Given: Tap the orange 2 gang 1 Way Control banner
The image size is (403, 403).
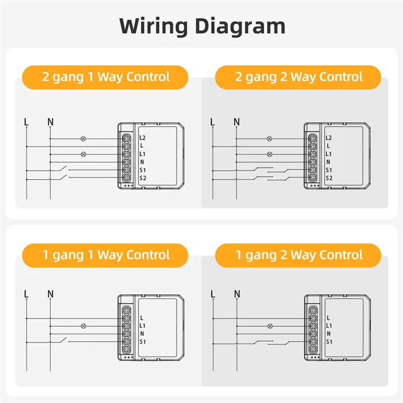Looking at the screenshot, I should coord(105,77).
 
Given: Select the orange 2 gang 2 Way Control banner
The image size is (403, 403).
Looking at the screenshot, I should coord(299,77).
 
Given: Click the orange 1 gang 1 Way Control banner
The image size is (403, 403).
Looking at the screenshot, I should coord(105,255).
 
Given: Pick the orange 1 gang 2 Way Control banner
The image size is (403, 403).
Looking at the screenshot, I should coord(299,255).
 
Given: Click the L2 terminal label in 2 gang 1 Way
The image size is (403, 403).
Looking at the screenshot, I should coord(143,138).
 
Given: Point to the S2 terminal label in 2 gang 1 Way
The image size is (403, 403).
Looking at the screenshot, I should coord(143,178).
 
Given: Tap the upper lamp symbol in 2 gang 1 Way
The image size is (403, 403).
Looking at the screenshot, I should coord(84,138).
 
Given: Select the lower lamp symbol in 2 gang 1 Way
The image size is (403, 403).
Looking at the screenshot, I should coord(84,154).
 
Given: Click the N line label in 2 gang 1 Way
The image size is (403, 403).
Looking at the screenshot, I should coord(50,121).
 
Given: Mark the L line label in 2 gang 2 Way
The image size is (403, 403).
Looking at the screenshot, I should coord(213,121).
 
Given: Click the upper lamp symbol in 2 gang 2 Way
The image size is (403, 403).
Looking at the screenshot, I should coord(270,138).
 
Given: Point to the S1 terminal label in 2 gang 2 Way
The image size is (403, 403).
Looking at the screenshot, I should coord(329,170).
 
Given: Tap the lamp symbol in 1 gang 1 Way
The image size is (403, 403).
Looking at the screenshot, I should coord(84,325).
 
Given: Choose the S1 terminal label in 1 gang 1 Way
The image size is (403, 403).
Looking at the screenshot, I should coord(143,342).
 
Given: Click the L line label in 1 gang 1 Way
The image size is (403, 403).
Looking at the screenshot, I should coord(26,293).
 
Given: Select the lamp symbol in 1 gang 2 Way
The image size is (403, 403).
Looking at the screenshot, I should coord(270,325).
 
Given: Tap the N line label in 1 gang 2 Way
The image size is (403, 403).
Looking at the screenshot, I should coord(237,293).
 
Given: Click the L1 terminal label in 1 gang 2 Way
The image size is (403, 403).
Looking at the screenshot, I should coord(329,325).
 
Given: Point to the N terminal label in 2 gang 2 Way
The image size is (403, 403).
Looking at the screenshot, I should coord(328,162).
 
